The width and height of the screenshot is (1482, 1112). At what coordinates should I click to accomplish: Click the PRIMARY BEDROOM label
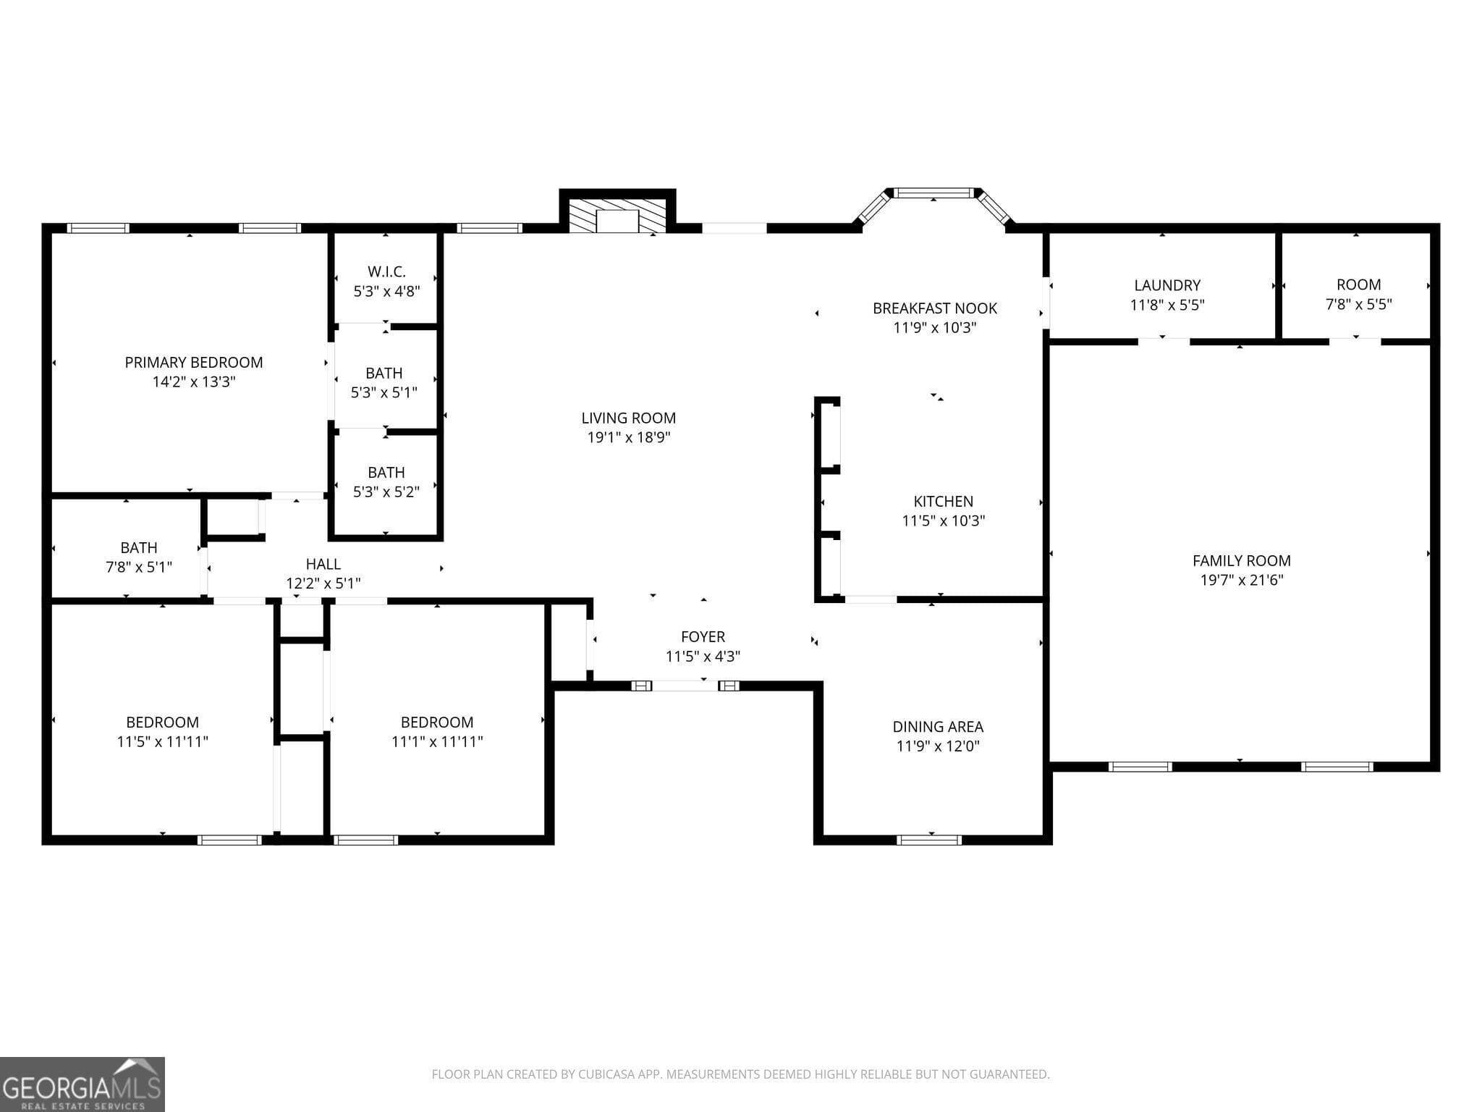[x=193, y=363]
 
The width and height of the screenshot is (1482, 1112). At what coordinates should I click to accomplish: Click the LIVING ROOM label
[x=628, y=418]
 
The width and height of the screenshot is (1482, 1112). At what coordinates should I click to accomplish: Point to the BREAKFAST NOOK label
[x=934, y=308]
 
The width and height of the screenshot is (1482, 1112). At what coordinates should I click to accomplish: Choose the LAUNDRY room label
[x=1166, y=285]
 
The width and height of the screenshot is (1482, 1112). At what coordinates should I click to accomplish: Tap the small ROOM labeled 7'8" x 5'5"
[x=1358, y=294]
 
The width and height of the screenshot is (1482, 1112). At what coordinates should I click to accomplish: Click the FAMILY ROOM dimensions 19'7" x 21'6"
[x=1241, y=580]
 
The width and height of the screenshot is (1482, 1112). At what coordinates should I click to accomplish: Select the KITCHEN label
[x=943, y=502]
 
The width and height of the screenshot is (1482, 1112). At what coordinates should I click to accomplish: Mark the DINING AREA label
[x=937, y=727]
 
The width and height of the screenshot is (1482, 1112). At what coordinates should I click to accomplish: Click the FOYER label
[x=702, y=637]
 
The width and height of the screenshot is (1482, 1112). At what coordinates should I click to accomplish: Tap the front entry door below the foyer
[x=685, y=686]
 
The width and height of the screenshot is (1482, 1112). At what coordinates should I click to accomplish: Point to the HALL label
[x=323, y=564]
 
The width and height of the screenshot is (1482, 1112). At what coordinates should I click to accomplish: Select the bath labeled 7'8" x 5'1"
[x=138, y=557]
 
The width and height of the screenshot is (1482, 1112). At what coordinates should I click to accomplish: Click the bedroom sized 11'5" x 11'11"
[x=162, y=732]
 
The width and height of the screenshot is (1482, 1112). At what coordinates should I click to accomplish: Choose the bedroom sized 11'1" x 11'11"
[x=436, y=732]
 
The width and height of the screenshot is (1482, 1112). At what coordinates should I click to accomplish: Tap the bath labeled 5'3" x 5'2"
[x=386, y=482]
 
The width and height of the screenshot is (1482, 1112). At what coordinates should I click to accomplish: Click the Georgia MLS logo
[x=82, y=1084]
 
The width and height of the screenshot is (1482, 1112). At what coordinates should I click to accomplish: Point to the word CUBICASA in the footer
[x=606, y=1074]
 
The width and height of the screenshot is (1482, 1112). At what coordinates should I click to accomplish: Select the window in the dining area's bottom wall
[x=928, y=840]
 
